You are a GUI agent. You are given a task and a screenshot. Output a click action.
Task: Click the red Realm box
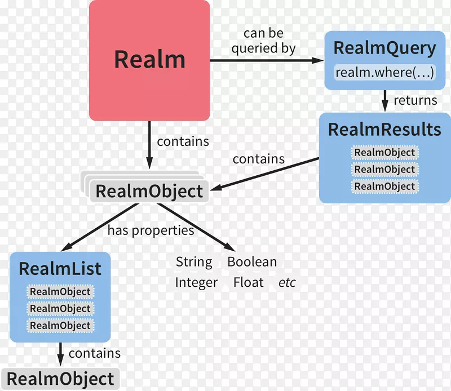[x=149, y=60]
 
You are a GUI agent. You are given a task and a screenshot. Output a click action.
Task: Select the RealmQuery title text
[x=384, y=48]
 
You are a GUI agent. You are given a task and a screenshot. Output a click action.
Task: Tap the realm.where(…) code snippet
[x=384, y=73]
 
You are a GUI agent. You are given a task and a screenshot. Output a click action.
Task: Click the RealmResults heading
[x=384, y=130]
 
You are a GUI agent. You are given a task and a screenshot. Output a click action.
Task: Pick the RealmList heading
[x=60, y=268]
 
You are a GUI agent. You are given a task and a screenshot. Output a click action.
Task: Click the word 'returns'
[x=415, y=100]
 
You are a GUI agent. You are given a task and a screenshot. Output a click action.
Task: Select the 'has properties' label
[x=151, y=230]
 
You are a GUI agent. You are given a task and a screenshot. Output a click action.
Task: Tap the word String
[x=194, y=262]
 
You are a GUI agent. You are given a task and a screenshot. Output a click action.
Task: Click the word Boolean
[x=252, y=262]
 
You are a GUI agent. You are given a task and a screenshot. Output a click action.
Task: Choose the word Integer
[x=196, y=282]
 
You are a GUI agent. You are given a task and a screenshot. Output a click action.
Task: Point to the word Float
[x=249, y=282]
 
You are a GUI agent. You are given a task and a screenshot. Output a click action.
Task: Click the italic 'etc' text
[x=287, y=282]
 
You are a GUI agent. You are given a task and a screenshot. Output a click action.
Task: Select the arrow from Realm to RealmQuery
[x=265, y=60]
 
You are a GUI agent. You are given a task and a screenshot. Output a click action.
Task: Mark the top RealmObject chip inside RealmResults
[x=384, y=153]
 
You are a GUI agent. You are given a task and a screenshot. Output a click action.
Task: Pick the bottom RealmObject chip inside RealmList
[x=60, y=326]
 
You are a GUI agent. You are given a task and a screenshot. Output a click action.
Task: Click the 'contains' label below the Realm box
[x=183, y=142]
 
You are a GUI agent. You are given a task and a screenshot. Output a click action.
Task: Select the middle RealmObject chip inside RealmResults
[x=384, y=170]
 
